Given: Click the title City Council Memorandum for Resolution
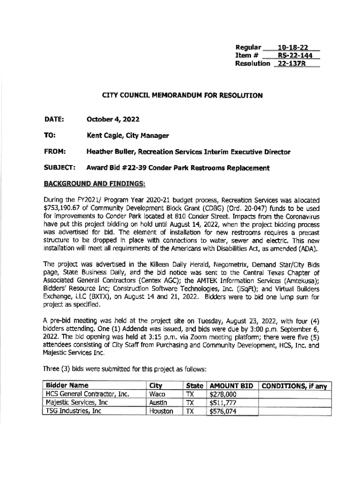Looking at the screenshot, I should (182, 95).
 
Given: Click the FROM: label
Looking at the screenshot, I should (54, 152).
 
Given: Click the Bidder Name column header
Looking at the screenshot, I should (67, 386).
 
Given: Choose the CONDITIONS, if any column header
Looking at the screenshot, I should (294, 386).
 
